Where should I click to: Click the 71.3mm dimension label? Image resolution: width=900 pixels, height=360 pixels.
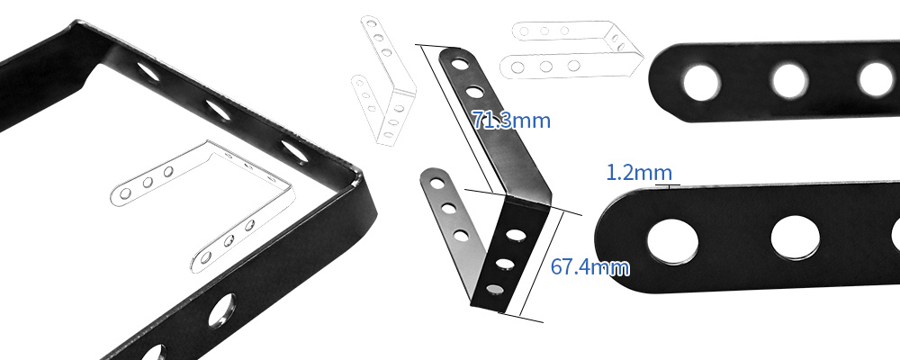[x=510, y=120]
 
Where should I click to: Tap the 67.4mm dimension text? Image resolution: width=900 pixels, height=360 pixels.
[x=589, y=266]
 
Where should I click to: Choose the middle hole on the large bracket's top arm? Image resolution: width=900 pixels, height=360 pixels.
[x=217, y=108]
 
